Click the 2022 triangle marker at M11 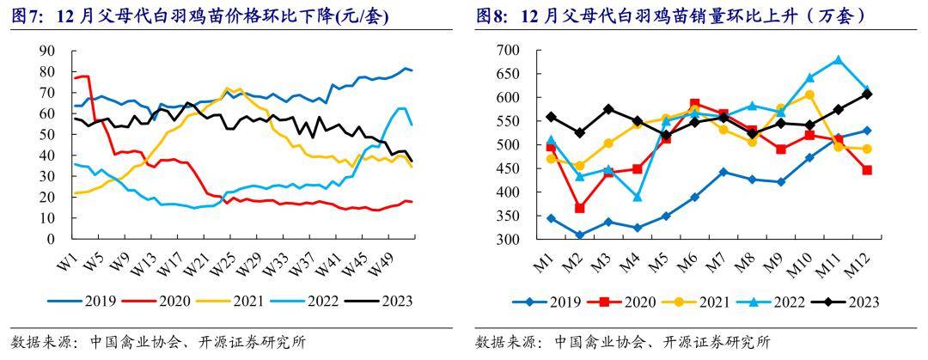tap(838, 60)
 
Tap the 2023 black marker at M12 tap(867, 94)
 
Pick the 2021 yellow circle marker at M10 tap(809, 95)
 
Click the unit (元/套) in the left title tap(363, 15)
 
